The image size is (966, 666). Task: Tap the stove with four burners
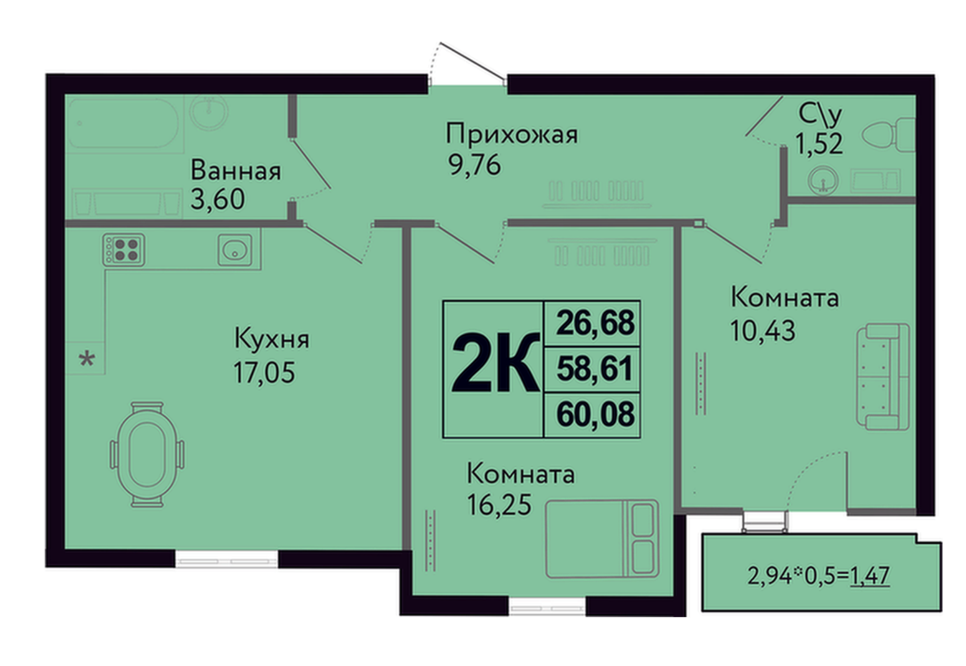[124, 249]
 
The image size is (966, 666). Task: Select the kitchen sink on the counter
[234, 249]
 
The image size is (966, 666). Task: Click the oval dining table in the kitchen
[146, 454]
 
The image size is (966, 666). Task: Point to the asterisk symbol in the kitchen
[87, 358]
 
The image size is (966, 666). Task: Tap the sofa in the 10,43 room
[883, 376]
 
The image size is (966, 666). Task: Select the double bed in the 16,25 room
[602, 538]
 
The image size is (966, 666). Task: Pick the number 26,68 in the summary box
[596, 322]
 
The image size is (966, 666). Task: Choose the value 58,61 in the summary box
[595, 369]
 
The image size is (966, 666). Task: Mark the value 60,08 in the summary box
[596, 415]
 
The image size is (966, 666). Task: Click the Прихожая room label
[512, 133]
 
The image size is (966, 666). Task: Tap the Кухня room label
[271, 339]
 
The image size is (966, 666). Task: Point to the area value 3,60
[218, 199]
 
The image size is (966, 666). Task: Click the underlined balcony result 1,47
[870, 575]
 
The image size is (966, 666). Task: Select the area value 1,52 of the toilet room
[819, 145]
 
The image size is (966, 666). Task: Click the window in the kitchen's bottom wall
[227, 559]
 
